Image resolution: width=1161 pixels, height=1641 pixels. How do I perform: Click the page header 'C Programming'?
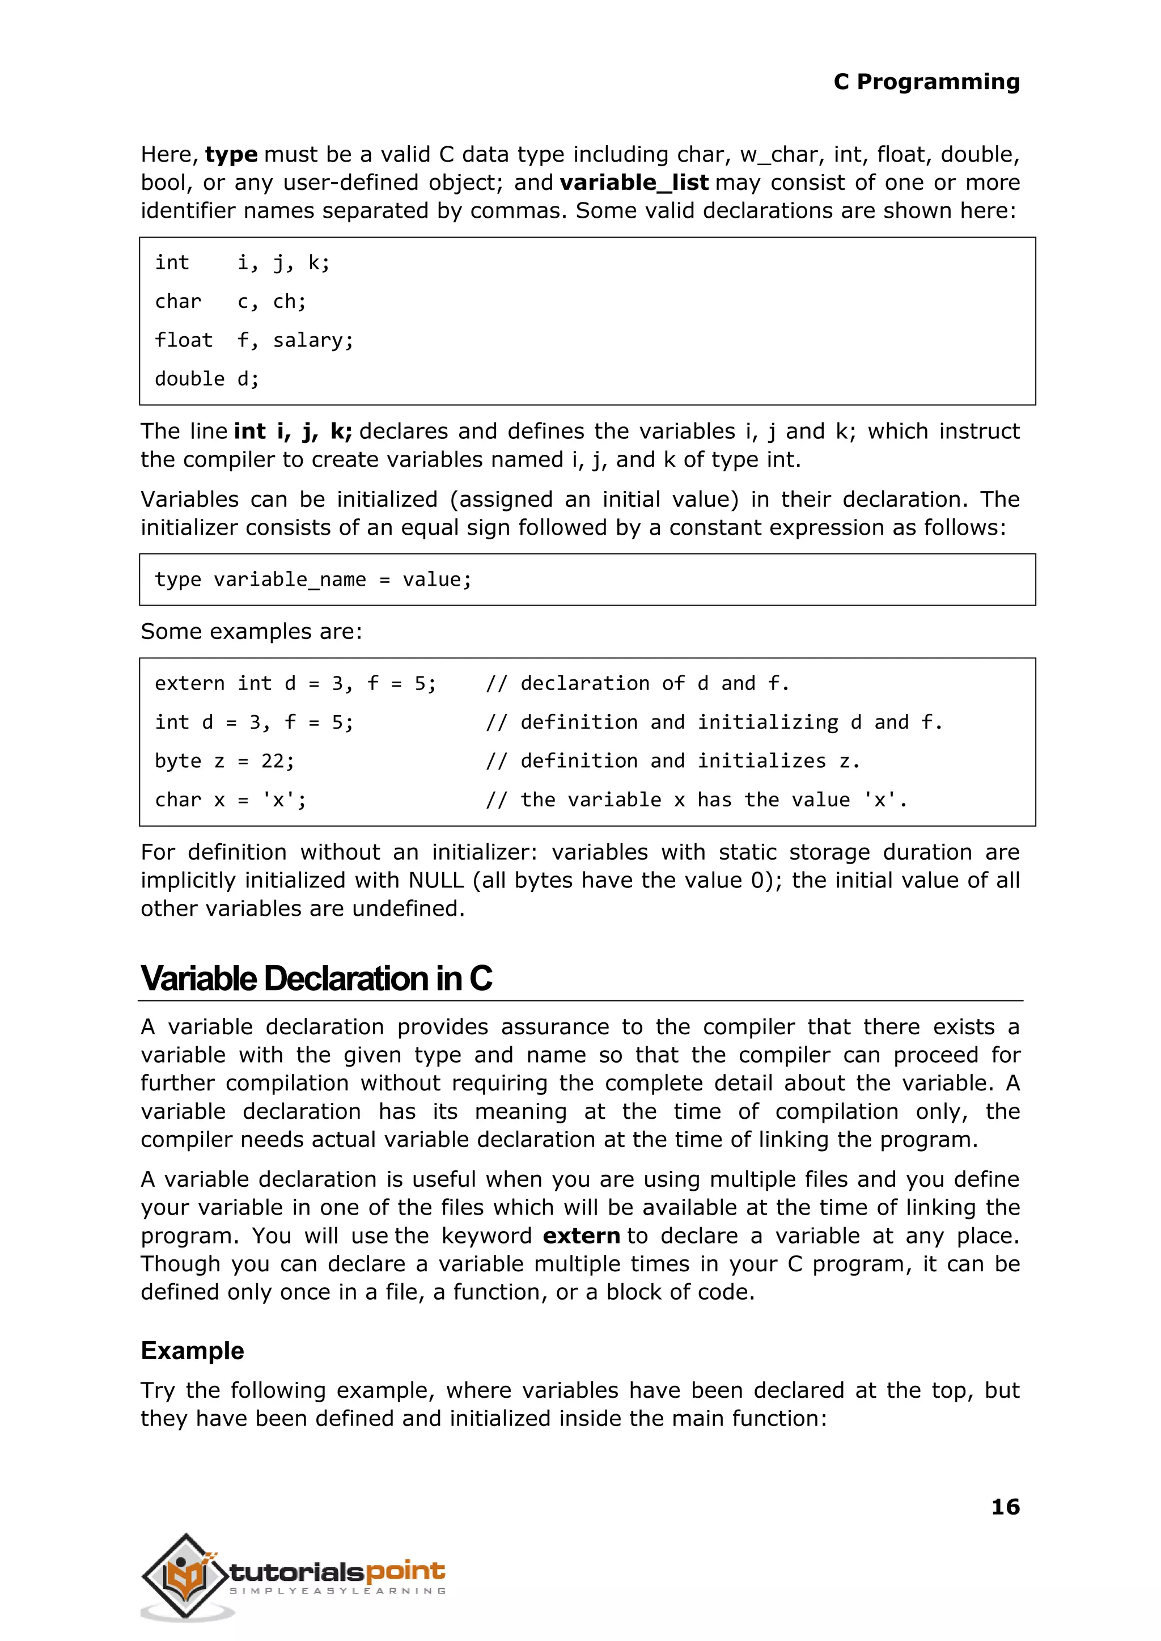[926, 82]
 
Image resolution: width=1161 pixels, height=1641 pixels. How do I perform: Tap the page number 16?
[1005, 1507]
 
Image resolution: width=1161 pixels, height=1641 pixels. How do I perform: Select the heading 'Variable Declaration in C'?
[316, 978]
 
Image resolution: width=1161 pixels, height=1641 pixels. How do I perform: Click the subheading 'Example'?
[192, 1351]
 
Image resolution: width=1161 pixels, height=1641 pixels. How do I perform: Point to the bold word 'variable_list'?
[634, 183]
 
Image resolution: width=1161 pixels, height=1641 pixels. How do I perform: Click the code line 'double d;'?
[206, 379]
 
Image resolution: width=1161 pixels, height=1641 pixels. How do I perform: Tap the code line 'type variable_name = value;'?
[313, 579]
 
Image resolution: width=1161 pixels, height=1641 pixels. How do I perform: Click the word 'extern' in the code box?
[189, 684]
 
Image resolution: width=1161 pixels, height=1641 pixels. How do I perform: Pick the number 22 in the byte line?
[272, 761]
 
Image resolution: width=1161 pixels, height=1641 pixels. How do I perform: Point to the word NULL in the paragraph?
[436, 880]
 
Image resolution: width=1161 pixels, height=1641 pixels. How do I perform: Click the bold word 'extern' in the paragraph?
[581, 1236]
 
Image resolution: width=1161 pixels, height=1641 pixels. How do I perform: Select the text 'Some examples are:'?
[251, 631]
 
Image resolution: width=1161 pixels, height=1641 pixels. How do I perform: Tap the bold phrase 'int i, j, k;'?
[293, 431]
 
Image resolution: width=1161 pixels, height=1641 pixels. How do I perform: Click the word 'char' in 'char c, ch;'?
[178, 302]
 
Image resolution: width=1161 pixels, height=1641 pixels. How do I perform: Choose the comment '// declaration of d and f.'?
[637, 684]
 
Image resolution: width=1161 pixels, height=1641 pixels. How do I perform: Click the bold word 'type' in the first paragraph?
[231, 154]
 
